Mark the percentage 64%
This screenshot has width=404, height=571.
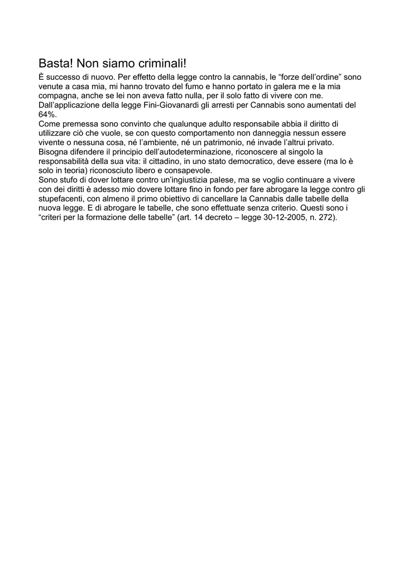point(47,114)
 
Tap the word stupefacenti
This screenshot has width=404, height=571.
point(61,198)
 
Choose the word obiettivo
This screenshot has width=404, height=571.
point(185,198)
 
